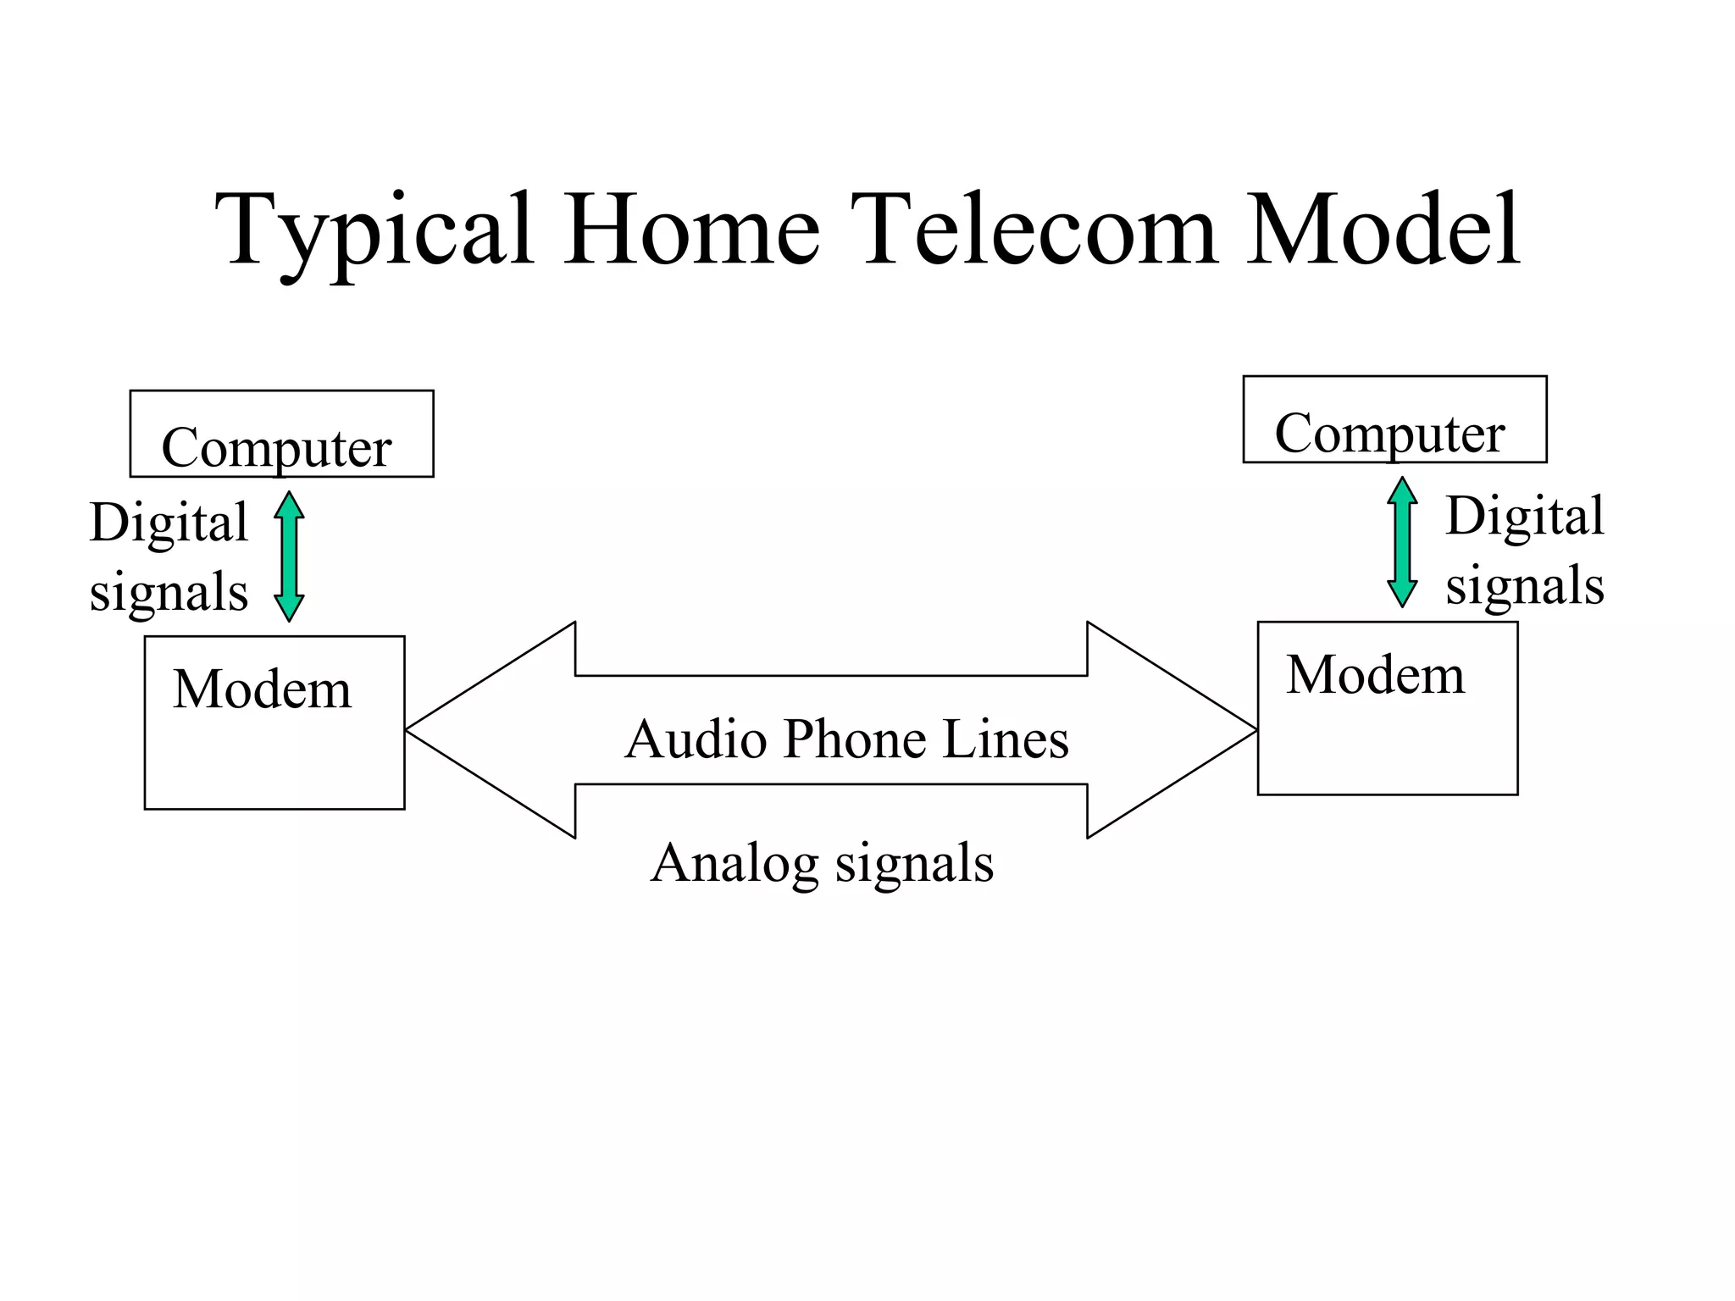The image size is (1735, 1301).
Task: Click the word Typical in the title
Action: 373,230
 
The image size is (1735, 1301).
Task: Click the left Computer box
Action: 281,435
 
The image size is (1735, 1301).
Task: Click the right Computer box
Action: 1394,420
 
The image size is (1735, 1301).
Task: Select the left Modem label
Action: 262,689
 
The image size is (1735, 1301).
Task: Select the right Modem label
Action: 1375,675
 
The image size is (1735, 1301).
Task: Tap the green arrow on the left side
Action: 289,556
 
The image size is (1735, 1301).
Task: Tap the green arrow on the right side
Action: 1402,542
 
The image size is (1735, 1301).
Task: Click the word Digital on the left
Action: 169,523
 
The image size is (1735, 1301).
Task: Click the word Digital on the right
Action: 1524,516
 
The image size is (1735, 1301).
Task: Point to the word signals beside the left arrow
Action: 169,593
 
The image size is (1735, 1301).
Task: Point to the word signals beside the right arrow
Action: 1524,586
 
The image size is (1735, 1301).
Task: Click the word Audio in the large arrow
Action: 696,739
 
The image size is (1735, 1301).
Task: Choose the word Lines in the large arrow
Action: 1006,739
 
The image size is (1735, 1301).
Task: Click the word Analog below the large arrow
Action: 734,865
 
